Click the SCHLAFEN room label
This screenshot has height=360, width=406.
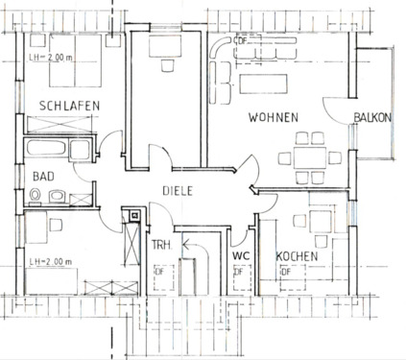70,105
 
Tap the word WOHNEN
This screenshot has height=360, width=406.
274,117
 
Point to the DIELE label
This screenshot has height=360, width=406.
177,191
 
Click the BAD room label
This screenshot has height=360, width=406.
44,177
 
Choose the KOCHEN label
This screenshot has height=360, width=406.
299,256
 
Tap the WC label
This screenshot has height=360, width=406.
241,256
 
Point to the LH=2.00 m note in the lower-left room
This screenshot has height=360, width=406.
50,260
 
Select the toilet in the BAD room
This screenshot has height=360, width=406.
37,197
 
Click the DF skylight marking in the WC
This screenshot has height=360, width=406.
237,275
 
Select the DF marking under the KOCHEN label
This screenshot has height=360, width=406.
285,273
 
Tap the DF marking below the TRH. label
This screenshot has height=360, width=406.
158,272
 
